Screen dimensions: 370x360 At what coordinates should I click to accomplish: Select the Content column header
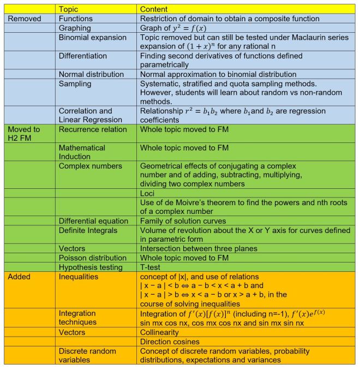[154, 9]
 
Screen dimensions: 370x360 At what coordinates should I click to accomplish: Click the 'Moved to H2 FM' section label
[24, 134]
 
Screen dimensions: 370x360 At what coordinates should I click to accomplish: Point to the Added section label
[19, 277]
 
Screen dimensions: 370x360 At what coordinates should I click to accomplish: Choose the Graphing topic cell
[75, 28]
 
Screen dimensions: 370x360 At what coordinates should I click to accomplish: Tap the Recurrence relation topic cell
[92, 130]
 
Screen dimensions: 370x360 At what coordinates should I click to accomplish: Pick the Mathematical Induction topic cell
[82, 152]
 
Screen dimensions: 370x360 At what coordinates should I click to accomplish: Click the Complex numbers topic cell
[91, 165]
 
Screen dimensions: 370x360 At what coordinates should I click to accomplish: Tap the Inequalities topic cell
[79, 277]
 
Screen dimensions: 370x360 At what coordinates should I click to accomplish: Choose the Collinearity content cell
[159, 332]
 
